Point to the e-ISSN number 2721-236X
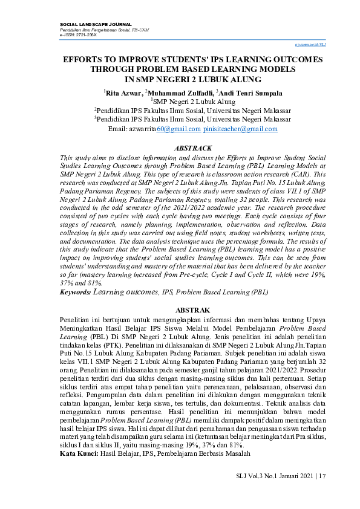[x=87, y=35]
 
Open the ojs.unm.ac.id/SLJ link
[x=310, y=44]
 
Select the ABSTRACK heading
[x=193, y=148]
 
